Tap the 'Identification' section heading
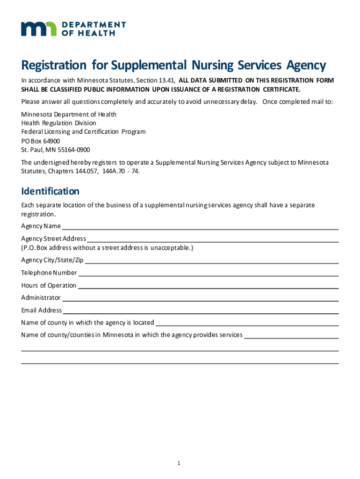[x=50, y=191]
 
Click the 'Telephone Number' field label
[x=49, y=273]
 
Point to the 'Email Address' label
[x=42, y=310]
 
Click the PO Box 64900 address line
[x=41, y=141]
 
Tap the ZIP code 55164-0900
[x=73, y=150]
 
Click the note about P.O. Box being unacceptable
[x=107, y=247]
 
